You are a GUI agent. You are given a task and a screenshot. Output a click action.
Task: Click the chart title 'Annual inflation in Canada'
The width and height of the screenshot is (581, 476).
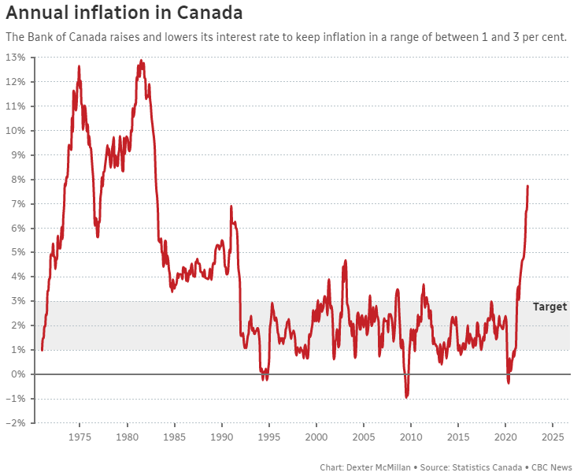[x=124, y=13]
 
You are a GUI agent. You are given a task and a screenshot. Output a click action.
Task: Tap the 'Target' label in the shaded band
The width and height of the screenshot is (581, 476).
[x=550, y=307]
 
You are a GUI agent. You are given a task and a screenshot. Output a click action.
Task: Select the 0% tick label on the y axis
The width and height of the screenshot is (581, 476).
[x=19, y=374]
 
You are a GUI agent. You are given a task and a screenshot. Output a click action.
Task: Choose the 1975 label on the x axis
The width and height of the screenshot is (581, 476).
[x=80, y=437]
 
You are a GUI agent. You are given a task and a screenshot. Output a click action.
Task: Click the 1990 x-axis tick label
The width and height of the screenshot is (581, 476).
[x=222, y=437]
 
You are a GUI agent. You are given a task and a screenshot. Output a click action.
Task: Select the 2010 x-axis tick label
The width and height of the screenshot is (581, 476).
[x=411, y=437]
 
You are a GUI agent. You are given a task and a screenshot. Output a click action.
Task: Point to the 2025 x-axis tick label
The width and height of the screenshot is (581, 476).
[x=553, y=437]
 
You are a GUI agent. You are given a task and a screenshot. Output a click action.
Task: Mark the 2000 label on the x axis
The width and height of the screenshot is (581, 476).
[x=316, y=437]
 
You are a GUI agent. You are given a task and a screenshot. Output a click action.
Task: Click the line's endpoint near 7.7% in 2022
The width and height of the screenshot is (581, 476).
[x=527, y=187]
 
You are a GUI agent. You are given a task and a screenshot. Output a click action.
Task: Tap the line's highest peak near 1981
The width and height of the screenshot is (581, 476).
[x=142, y=61]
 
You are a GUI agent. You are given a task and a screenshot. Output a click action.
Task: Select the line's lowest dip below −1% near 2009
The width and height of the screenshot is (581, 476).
[x=406, y=396]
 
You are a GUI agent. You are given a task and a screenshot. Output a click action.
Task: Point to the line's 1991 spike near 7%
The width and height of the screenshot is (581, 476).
[x=231, y=206]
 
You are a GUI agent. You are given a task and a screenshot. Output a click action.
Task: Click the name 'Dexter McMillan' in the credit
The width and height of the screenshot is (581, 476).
[x=381, y=467]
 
